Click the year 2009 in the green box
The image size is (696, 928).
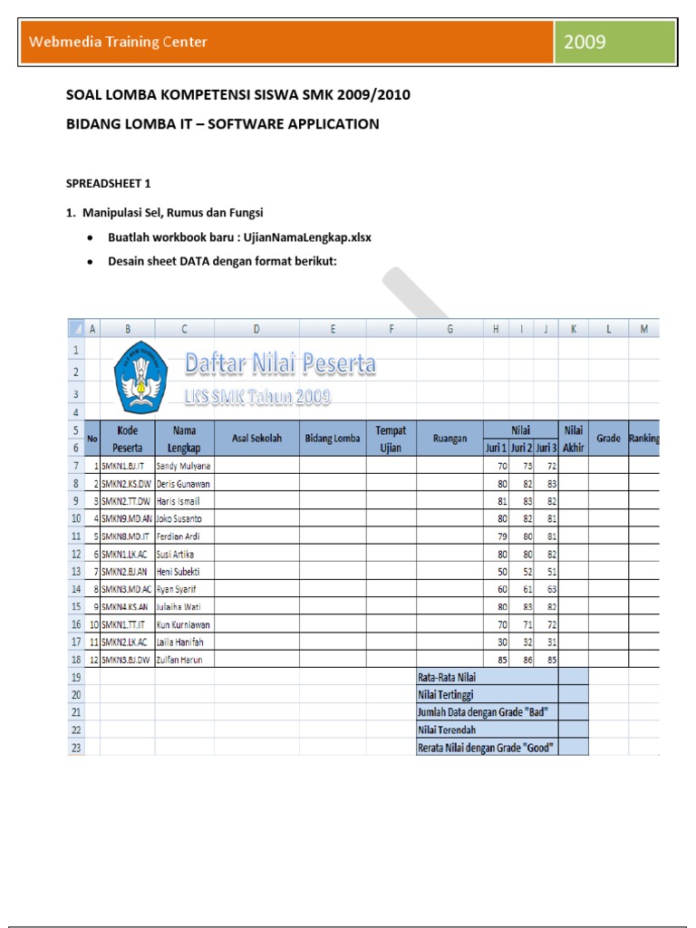tap(585, 42)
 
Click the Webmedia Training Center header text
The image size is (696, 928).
tap(119, 42)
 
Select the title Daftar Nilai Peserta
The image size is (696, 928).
tap(280, 363)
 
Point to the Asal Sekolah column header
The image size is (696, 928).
tap(257, 439)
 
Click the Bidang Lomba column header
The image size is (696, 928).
tap(333, 439)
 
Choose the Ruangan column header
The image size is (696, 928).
tap(449, 439)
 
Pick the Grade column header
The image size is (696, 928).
tap(608, 439)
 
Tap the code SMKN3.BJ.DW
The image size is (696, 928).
tap(127, 660)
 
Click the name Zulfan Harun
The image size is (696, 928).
tap(179, 660)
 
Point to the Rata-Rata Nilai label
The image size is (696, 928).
tap(447, 677)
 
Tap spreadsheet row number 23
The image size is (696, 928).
tap(76, 748)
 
